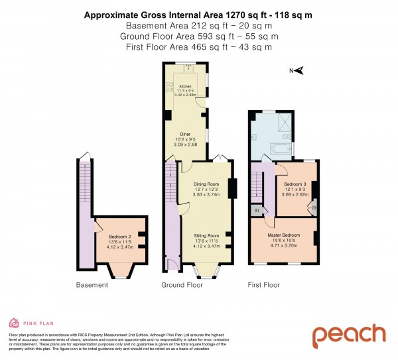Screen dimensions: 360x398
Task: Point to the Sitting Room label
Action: coord(206,235)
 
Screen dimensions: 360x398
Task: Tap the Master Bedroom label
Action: coord(283,235)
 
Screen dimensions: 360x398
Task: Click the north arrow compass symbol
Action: coord(298,70)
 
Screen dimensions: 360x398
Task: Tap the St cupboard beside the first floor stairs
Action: coord(255,211)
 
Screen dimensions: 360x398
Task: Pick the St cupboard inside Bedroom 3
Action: coord(313,208)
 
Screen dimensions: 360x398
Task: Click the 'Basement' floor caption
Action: coord(92,285)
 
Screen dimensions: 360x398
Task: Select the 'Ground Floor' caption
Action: coord(182,285)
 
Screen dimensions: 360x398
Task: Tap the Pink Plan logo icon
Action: coord(13,323)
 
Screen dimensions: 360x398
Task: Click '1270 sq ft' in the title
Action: coord(241,15)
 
